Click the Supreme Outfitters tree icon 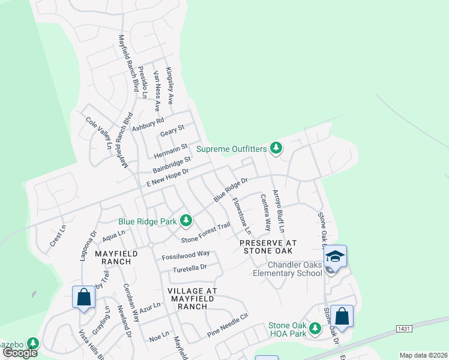click(x=276, y=148)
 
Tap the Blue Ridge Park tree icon click(x=186, y=221)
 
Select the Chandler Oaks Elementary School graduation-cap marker click(x=335, y=256)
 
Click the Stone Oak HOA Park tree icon click(x=314, y=328)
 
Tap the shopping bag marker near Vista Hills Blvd click(x=83, y=296)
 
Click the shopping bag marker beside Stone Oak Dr click(x=342, y=316)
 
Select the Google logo click(x=20, y=353)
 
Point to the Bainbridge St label click(x=170, y=163)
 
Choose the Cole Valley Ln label click(x=98, y=133)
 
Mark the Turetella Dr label click(x=190, y=268)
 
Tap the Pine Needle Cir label click(x=228, y=325)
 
